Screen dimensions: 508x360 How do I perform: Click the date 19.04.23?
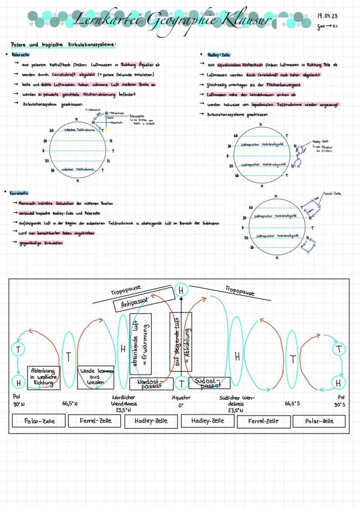point(327,16)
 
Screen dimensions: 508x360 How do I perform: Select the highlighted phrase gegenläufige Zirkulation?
point(41,243)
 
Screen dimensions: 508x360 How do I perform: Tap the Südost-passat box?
point(209,383)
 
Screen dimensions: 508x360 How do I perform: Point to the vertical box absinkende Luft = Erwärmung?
point(140,344)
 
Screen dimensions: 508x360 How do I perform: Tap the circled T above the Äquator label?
point(181,383)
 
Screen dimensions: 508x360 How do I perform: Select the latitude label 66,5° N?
point(70,403)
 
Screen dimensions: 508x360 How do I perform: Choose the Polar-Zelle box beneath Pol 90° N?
point(40,421)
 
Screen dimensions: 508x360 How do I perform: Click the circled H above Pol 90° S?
point(338,383)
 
